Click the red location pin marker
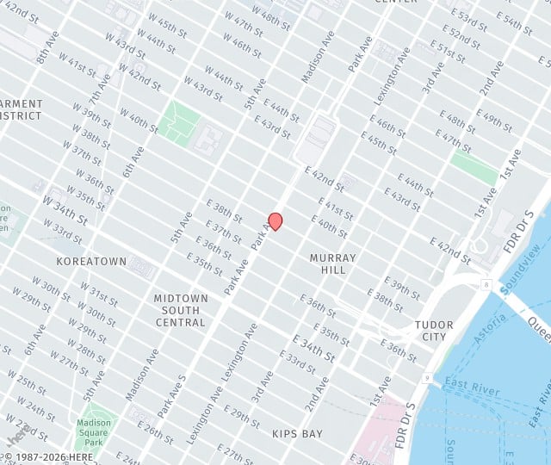click(275, 221)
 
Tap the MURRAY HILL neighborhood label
click(333, 263)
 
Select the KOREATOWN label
click(91, 261)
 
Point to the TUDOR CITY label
click(434, 331)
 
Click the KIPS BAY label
click(296, 434)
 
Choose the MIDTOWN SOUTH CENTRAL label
click(181, 310)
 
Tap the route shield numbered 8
click(486, 284)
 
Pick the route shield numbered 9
click(426, 376)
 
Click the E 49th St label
click(493, 120)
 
